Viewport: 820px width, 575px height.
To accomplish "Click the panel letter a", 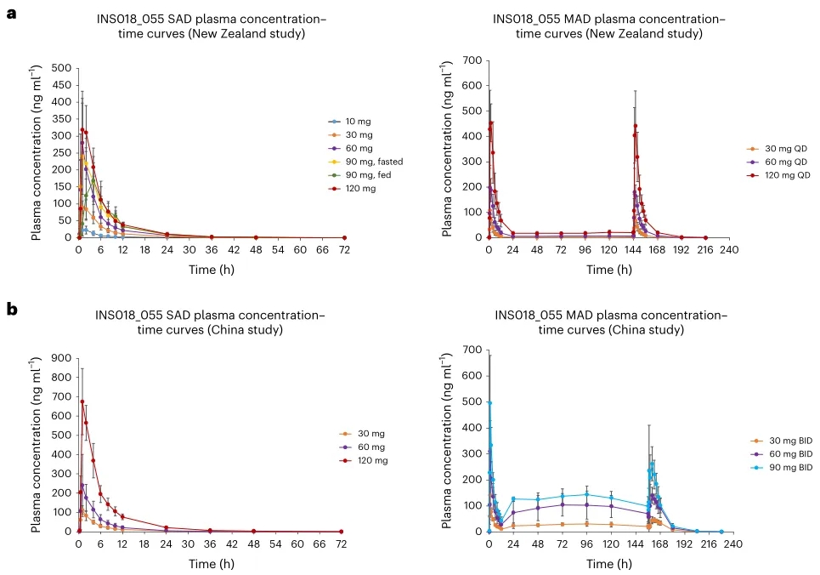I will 12,15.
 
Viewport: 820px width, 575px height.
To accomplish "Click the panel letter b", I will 12,309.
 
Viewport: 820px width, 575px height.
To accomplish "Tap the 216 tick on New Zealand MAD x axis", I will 704,251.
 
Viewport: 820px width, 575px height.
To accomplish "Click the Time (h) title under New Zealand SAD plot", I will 211,270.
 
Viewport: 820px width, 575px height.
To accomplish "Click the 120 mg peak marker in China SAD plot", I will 82,401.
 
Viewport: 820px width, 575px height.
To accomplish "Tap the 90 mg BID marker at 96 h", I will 585,494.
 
